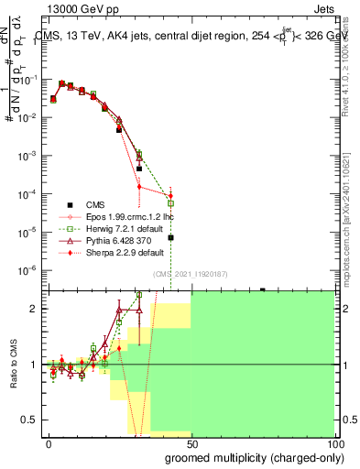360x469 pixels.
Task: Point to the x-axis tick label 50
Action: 191,442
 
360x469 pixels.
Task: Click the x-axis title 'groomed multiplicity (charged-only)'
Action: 255,456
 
